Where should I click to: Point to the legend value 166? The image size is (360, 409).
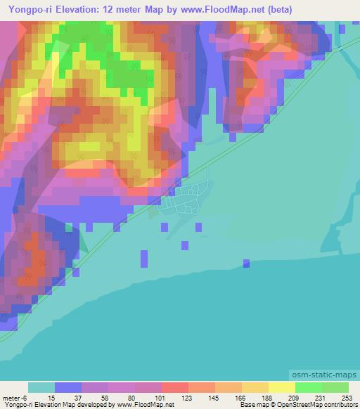tap(240, 398)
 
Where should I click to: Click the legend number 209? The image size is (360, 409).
tap(293, 398)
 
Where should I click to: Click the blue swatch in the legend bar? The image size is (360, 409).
tap(67, 387)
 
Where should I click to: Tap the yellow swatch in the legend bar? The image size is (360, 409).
tap(281, 387)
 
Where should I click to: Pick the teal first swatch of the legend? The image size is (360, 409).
tap(41, 387)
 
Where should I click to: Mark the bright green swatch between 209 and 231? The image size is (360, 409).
tap(308, 387)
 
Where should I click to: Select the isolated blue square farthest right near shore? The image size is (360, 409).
tap(246, 264)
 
